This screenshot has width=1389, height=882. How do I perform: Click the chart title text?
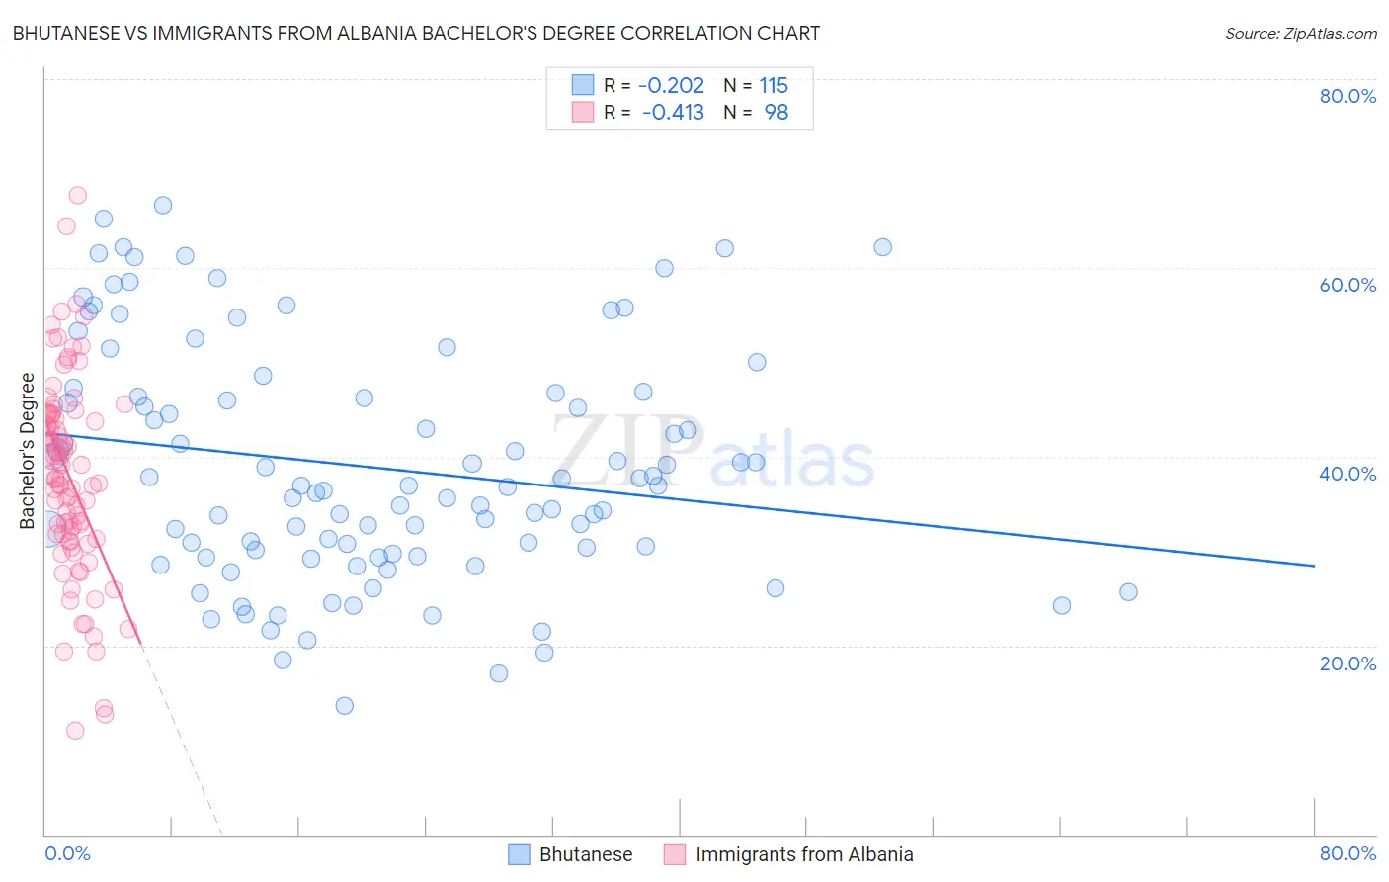[416, 33]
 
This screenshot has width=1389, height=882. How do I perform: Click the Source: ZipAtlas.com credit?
[1300, 33]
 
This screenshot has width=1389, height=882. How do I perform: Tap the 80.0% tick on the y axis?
[1348, 96]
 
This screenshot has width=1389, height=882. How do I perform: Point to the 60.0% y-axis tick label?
[1348, 285]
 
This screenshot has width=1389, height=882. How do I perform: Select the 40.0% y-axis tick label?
[1348, 474]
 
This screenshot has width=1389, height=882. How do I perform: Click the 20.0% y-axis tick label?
[1348, 662]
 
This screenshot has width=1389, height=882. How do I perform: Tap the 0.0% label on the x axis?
[67, 853]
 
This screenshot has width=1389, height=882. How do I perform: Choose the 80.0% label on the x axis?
[1348, 853]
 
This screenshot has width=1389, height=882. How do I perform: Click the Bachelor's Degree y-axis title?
[28, 451]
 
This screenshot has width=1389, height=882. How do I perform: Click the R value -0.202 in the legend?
[671, 85]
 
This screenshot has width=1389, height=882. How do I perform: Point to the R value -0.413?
[673, 113]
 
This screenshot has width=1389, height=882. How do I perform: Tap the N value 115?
[774, 85]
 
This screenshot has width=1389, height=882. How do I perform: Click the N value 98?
[776, 113]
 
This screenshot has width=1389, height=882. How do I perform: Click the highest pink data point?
[77, 195]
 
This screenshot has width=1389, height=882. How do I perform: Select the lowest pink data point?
[75, 731]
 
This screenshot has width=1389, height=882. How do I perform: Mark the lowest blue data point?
[344, 705]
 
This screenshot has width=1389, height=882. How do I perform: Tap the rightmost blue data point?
[1128, 592]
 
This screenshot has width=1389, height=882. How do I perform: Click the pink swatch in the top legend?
[583, 113]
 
